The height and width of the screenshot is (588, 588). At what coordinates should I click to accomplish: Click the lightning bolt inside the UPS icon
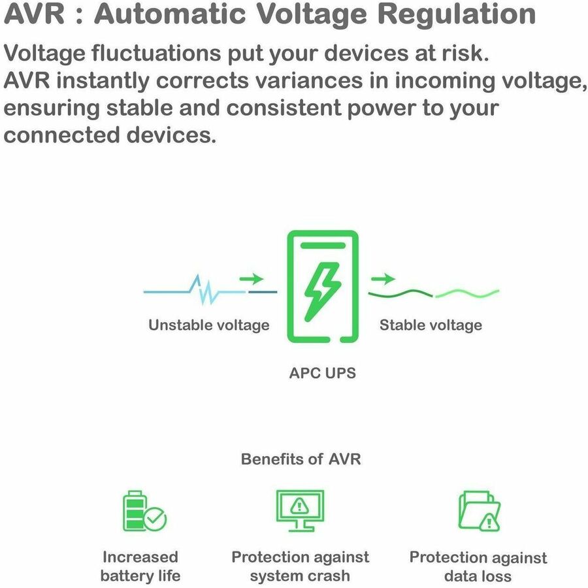(323, 292)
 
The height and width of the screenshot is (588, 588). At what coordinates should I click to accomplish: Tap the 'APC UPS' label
(323, 373)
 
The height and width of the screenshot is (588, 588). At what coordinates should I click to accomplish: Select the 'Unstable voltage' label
(209, 325)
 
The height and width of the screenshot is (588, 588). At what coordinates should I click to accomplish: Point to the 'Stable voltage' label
(431, 325)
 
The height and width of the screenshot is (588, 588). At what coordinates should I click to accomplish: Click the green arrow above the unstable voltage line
(252, 278)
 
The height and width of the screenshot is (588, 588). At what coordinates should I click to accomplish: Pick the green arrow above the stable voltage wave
(383, 278)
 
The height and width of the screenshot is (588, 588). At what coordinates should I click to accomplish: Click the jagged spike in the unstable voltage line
(205, 289)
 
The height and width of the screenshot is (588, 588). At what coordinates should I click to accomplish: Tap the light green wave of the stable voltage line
(467, 293)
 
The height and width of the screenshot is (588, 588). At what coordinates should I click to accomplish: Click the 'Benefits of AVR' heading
(301, 459)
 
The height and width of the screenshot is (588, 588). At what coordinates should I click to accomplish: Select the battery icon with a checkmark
(145, 511)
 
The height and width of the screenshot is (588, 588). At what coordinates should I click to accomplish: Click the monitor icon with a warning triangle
(300, 511)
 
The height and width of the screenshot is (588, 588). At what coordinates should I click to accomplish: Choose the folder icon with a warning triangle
(480, 511)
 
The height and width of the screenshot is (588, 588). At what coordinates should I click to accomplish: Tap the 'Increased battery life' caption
(140, 566)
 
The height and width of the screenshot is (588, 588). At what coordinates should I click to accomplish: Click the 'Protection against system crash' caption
(300, 566)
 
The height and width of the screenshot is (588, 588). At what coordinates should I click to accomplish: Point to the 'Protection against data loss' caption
(478, 566)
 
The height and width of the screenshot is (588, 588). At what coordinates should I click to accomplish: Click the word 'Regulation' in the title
(457, 14)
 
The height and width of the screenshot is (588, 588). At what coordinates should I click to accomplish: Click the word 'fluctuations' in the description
(156, 53)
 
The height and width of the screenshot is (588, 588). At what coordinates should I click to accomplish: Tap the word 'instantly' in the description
(103, 81)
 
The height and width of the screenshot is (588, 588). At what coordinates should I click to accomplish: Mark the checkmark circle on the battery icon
(155, 519)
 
